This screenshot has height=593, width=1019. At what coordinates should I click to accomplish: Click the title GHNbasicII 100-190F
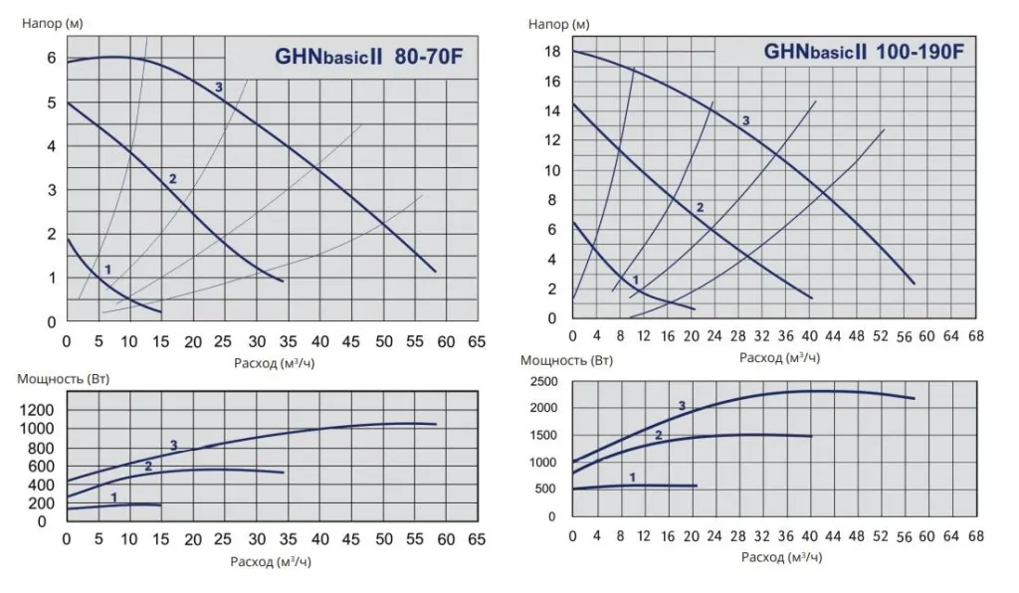(x=863, y=51)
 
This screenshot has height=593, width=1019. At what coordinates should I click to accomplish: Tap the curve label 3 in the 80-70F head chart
(x=219, y=88)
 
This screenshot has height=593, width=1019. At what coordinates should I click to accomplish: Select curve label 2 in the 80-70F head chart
(x=172, y=179)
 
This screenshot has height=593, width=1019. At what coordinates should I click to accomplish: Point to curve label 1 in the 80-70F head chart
(x=107, y=270)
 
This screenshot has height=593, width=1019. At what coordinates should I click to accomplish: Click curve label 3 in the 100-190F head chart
(x=744, y=120)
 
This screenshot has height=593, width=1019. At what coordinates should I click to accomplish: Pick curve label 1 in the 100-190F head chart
(x=635, y=280)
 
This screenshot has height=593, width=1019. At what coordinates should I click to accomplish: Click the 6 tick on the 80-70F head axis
(x=51, y=59)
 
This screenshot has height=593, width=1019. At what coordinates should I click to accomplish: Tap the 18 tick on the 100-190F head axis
(x=552, y=52)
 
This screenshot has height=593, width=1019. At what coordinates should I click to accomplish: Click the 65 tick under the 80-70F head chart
(x=477, y=341)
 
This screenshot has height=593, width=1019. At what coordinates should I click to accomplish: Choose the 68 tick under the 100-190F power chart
(x=975, y=535)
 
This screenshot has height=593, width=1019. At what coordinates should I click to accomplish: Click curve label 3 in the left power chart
(x=173, y=445)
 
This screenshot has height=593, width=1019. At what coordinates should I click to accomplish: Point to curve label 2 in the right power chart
(x=658, y=435)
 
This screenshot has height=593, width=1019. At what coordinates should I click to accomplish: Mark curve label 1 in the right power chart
(x=631, y=478)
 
